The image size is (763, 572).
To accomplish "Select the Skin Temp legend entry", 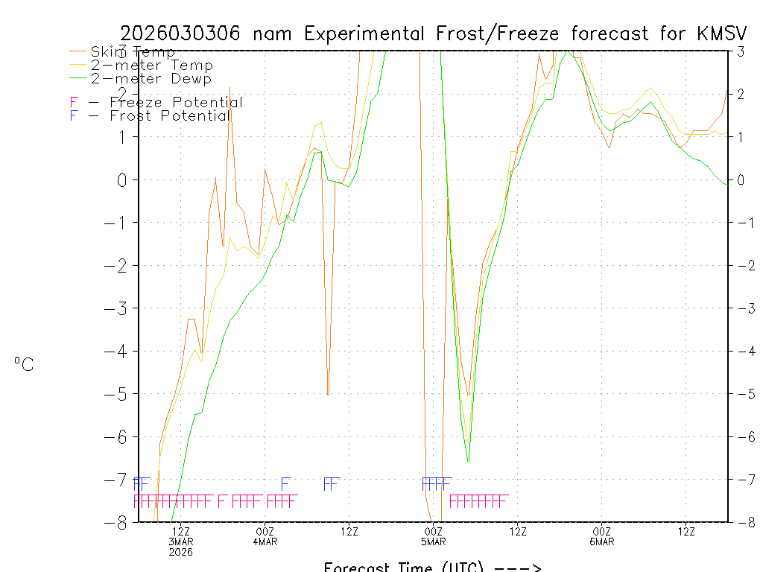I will click(133, 52).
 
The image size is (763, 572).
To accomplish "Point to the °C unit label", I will click(24, 364).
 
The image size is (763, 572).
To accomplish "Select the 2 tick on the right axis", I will click(740, 94).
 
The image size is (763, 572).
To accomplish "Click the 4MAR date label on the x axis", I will click(265, 541).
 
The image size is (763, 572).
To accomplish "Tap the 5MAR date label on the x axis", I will click(434, 541).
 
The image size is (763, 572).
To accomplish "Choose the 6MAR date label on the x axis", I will click(602, 541).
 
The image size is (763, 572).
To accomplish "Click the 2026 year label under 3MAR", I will click(181, 552).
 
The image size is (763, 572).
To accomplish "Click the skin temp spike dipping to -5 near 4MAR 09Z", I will click(328, 394).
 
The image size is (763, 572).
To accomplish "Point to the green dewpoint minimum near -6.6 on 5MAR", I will click(468, 462).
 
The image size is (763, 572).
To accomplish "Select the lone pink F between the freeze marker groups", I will click(221, 500).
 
